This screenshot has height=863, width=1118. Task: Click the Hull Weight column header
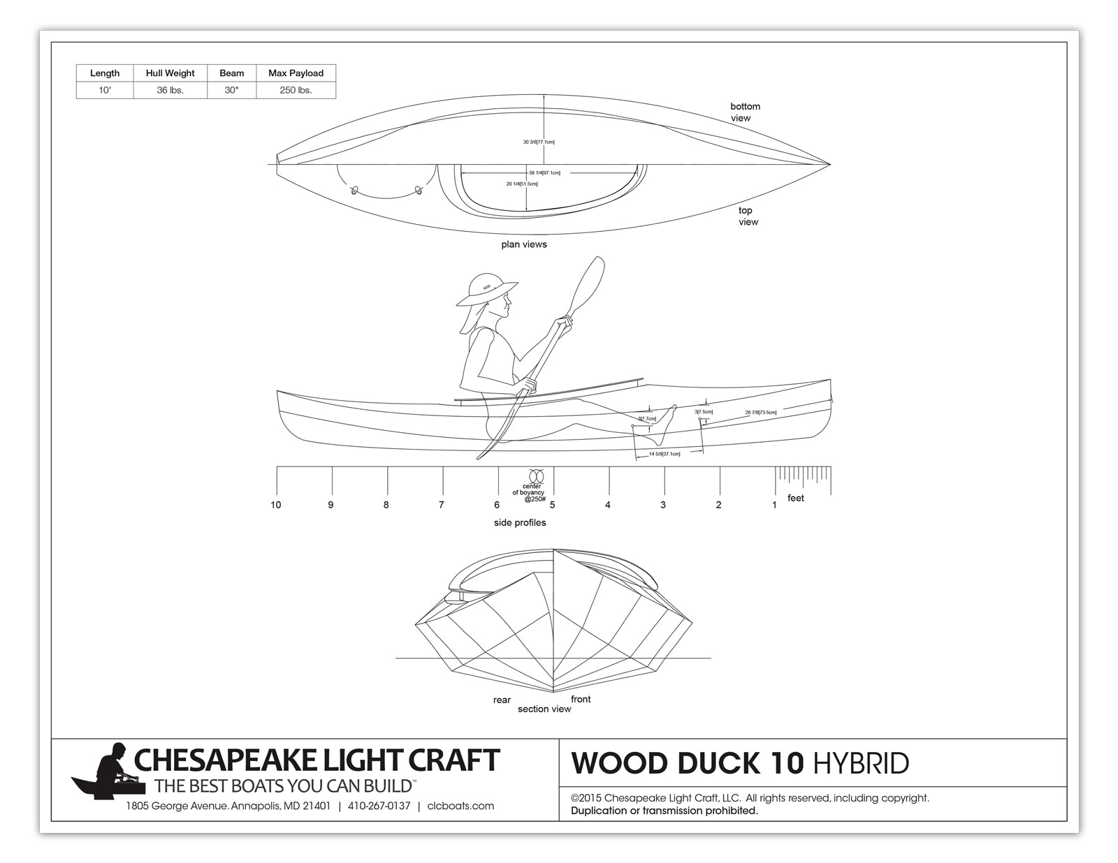point(170,73)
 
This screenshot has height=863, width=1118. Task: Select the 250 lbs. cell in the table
point(296,90)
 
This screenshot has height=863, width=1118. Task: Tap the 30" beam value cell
point(231,90)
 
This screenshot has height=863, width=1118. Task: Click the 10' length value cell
point(104,90)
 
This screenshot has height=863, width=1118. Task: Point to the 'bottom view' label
point(745,112)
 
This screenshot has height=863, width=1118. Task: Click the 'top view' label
point(747,216)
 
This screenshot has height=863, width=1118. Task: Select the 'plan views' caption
point(523,244)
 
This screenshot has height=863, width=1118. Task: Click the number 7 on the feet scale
point(441,505)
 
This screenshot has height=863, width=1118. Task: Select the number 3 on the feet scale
point(663,505)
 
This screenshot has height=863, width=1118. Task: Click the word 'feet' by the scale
point(795,499)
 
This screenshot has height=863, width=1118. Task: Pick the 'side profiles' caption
point(520,523)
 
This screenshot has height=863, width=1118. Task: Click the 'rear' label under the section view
point(502,700)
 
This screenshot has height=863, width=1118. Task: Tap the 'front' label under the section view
point(581,700)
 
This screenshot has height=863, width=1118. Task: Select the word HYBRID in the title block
point(861,764)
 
